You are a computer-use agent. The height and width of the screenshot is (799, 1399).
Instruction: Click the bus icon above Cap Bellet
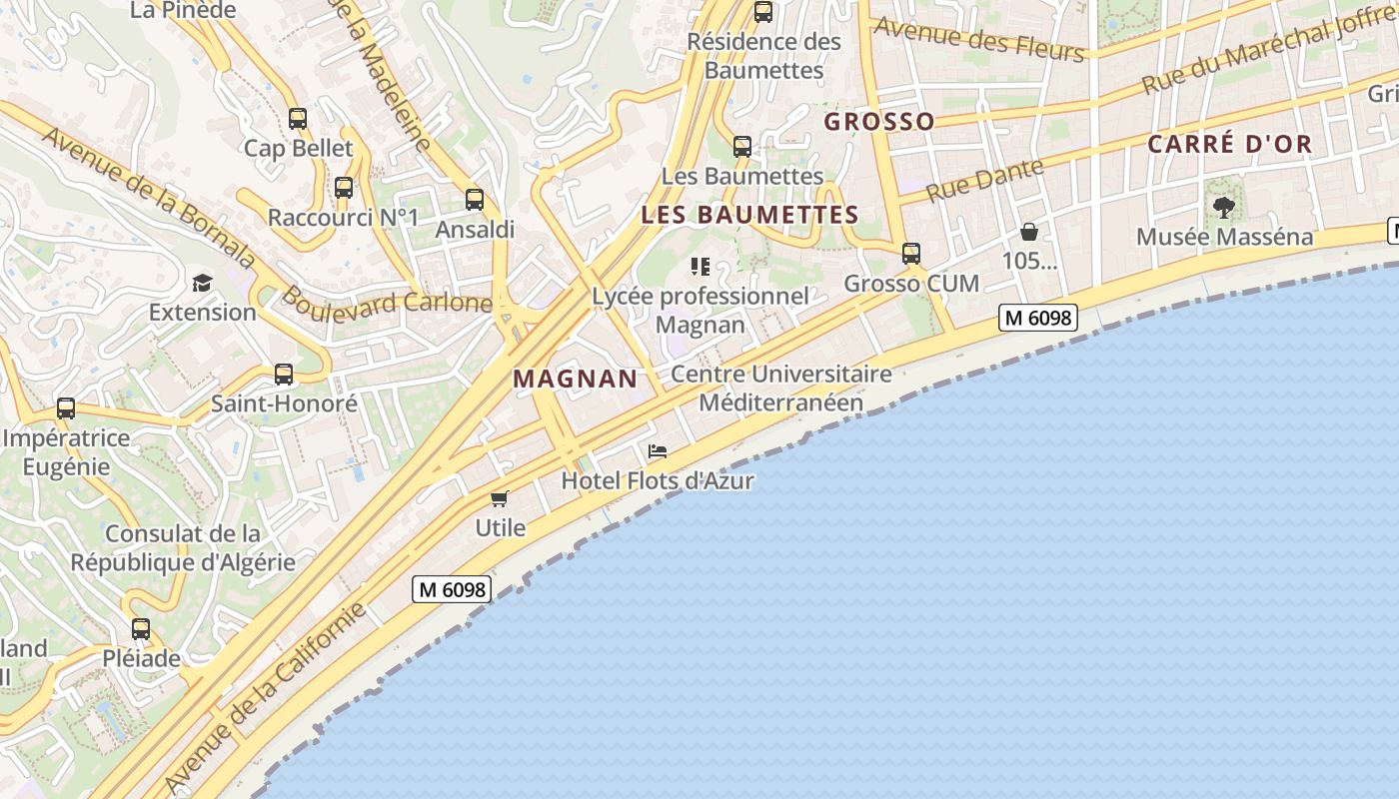[298, 119]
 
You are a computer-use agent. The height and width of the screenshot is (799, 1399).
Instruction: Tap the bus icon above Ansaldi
[475, 200]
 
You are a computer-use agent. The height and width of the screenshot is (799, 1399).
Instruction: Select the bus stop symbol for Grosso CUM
[911, 254]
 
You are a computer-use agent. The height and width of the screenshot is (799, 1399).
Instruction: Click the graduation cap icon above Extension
[203, 283]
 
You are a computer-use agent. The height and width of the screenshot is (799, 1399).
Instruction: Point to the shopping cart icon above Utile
[500, 498]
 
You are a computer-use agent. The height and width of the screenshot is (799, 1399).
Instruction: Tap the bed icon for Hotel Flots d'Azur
[658, 451]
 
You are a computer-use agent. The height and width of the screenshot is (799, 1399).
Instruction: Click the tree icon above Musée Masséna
[1224, 208]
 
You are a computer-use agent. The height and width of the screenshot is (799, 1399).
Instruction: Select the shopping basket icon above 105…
[1029, 233]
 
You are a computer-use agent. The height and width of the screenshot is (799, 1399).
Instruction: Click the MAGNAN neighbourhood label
[575, 379]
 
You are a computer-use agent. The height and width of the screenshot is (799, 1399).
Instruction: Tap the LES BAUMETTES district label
[749, 215]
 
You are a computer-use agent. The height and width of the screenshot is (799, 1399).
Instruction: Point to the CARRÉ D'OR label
[1229, 144]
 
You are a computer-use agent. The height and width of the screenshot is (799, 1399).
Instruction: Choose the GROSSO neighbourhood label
[879, 122]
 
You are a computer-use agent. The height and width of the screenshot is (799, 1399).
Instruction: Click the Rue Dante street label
[985, 180]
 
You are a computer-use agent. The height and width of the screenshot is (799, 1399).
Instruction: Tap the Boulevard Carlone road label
[387, 302]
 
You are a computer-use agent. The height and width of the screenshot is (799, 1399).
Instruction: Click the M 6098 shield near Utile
[452, 589]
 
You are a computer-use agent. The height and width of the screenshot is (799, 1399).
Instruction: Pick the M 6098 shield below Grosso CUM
[1038, 318]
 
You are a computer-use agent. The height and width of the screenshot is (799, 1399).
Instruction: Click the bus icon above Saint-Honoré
[284, 375]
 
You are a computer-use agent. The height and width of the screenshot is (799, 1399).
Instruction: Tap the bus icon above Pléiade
[141, 629]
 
